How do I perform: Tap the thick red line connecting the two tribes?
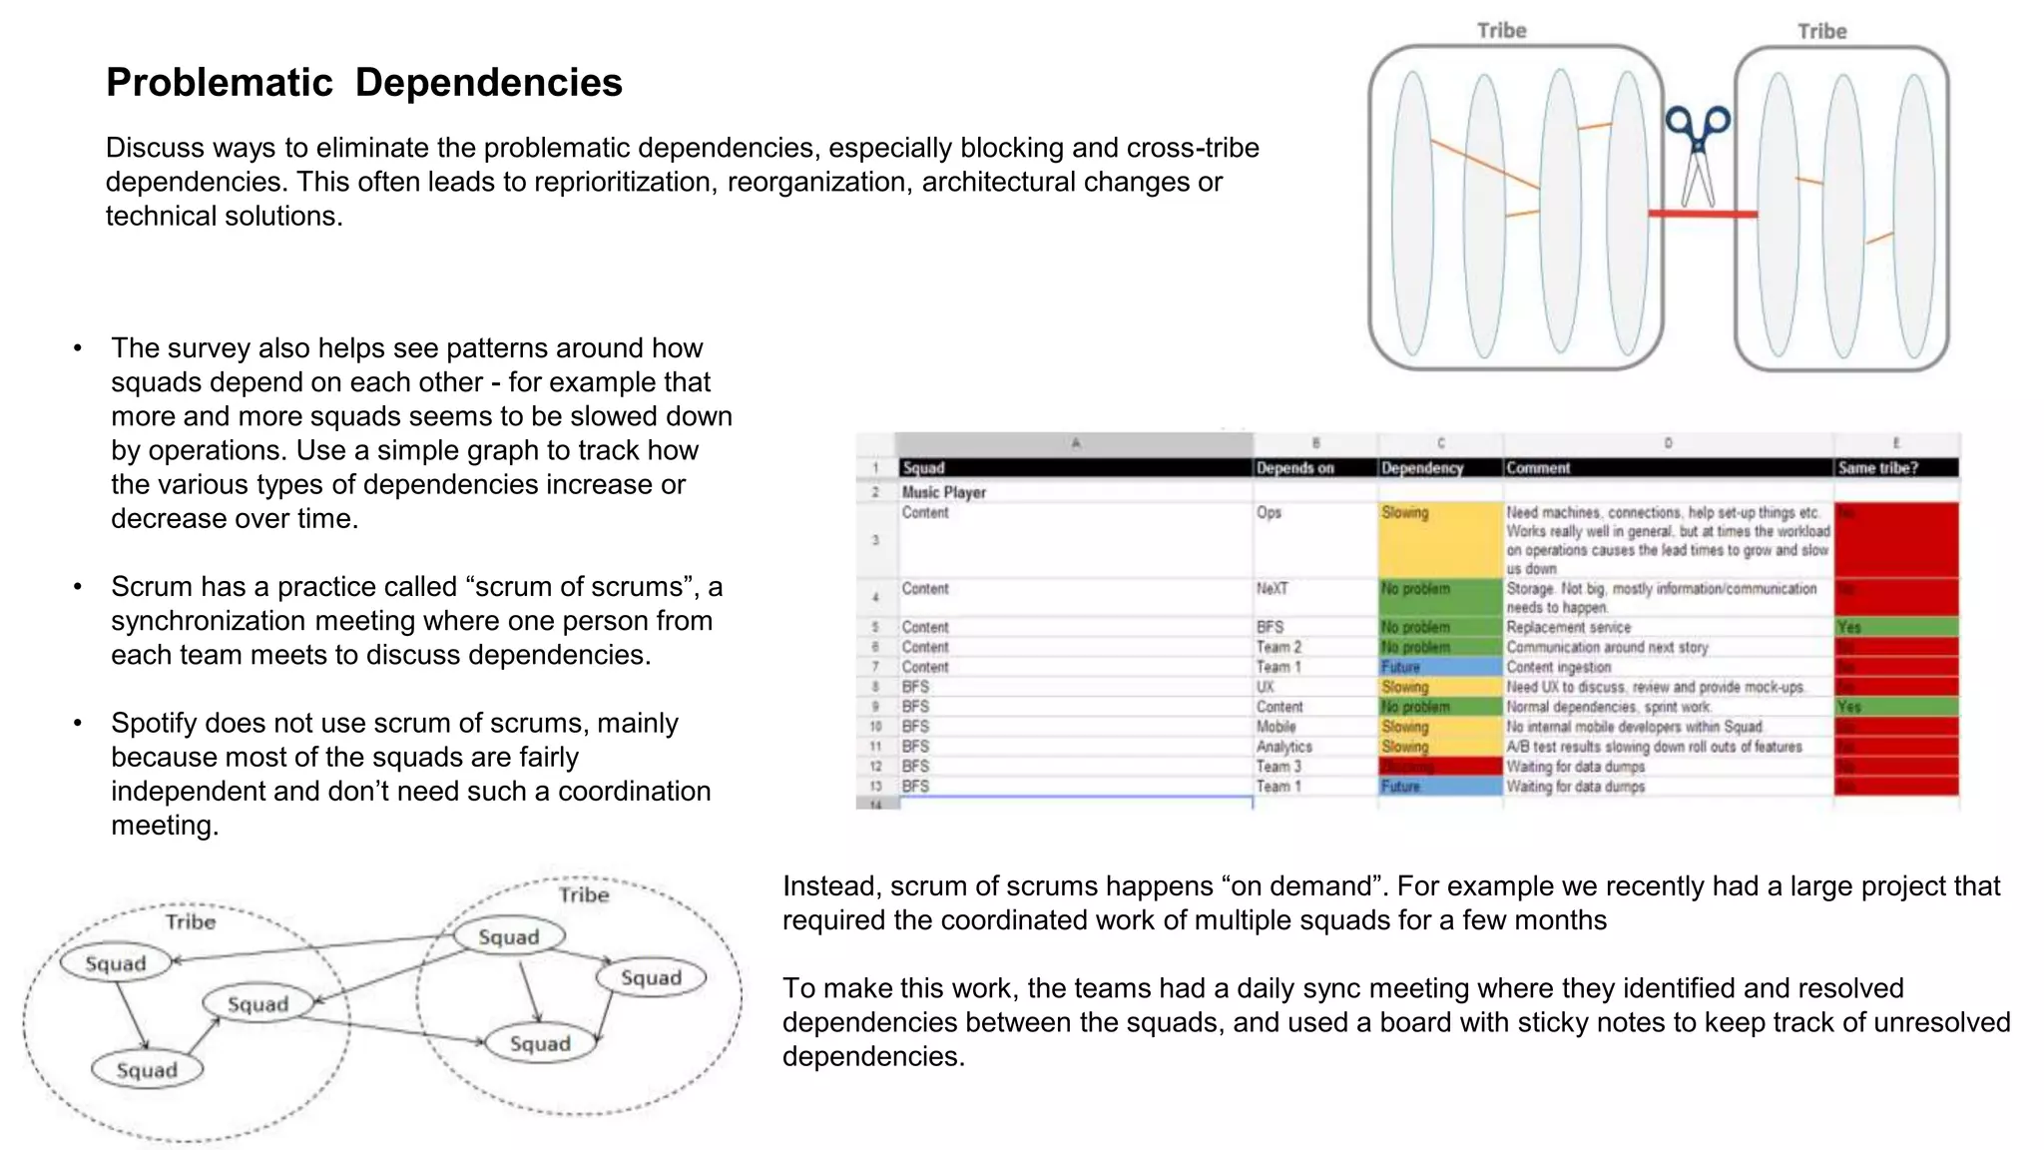(x=1702, y=214)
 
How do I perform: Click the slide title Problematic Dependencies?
(x=364, y=83)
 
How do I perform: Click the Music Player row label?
(x=943, y=492)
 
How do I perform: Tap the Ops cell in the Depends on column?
(x=1269, y=512)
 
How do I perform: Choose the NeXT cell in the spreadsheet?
(x=1272, y=589)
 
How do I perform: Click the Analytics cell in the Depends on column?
(x=1283, y=747)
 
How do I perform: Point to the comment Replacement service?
(x=1568, y=628)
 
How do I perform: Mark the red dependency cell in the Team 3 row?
(x=1438, y=767)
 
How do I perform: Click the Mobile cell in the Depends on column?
(x=1276, y=727)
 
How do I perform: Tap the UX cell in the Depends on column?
(x=1265, y=687)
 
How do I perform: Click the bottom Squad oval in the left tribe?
(x=147, y=1070)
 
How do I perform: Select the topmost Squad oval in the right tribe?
(x=509, y=936)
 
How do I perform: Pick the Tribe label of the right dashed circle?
(x=584, y=894)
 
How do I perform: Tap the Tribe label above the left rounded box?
(x=1501, y=31)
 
